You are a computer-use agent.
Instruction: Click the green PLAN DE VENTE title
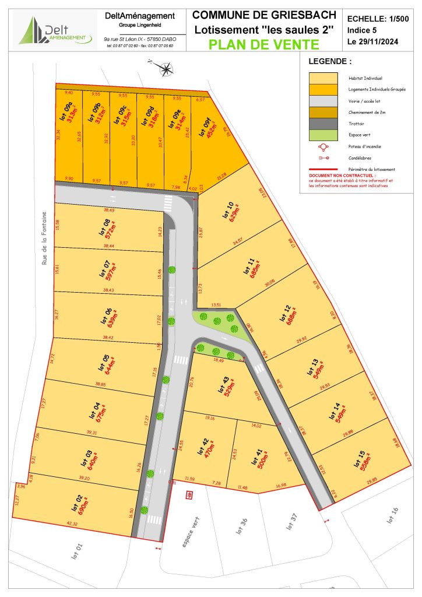point(265,44)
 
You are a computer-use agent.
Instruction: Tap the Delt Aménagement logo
point(55,30)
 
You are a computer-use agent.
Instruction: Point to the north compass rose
point(167,70)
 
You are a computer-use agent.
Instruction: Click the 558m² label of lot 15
point(365,465)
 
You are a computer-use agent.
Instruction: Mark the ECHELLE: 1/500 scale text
point(378,19)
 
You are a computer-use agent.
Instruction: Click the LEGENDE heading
point(330,61)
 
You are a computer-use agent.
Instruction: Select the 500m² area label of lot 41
point(259,461)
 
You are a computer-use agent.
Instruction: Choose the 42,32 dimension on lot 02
point(72,524)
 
